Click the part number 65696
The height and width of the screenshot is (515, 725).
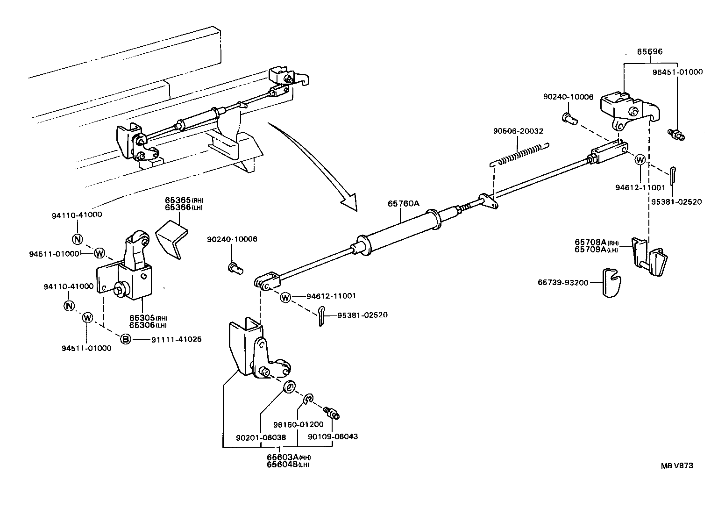point(650,52)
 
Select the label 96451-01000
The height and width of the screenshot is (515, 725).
point(677,72)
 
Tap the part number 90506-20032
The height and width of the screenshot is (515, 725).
point(518,131)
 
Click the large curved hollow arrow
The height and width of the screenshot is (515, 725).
point(318,164)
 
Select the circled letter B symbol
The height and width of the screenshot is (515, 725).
point(126,339)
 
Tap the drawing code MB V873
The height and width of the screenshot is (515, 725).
point(677,465)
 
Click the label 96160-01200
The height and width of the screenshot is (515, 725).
point(299,424)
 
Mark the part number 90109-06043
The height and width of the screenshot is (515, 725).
point(333,436)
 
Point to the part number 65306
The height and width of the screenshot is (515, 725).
point(142,325)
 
